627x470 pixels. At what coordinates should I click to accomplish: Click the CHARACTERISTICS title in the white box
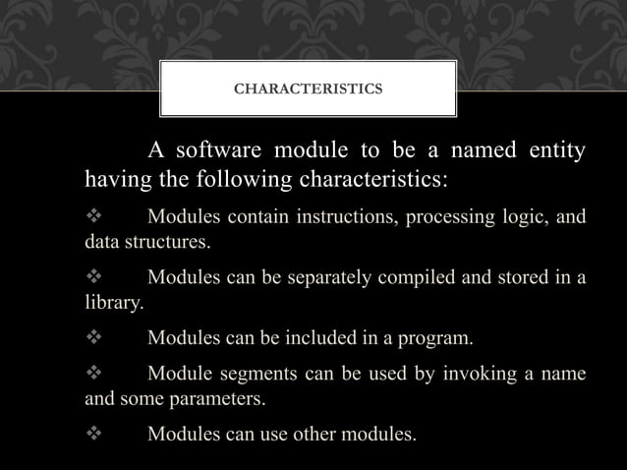[x=309, y=89]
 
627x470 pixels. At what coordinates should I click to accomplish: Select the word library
[x=111, y=304]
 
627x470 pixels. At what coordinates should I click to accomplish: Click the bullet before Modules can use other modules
[x=94, y=432]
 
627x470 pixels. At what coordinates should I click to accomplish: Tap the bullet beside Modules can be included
[x=94, y=340]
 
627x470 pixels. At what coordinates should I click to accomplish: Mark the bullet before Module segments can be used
[x=94, y=374]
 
